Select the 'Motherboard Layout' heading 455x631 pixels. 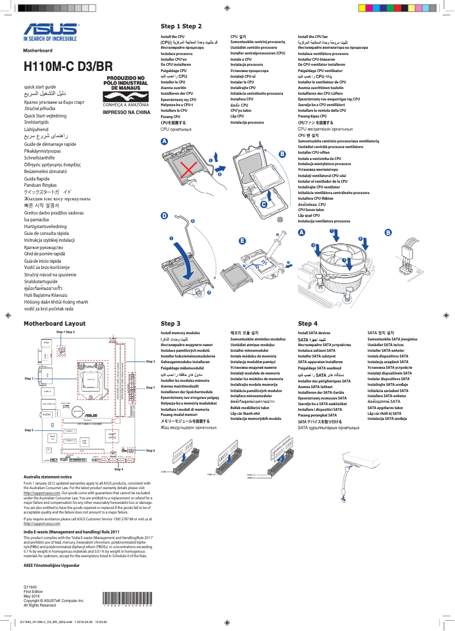coord(54,323)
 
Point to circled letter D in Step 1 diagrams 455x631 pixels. coord(164,216)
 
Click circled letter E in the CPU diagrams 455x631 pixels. coord(242,241)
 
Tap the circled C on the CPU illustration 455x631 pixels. coord(279,204)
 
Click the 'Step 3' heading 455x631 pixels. coord(170,323)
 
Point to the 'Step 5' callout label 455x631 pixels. coord(29,431)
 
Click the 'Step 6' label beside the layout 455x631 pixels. coord(150,450)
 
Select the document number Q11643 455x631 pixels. coord(30,586)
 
